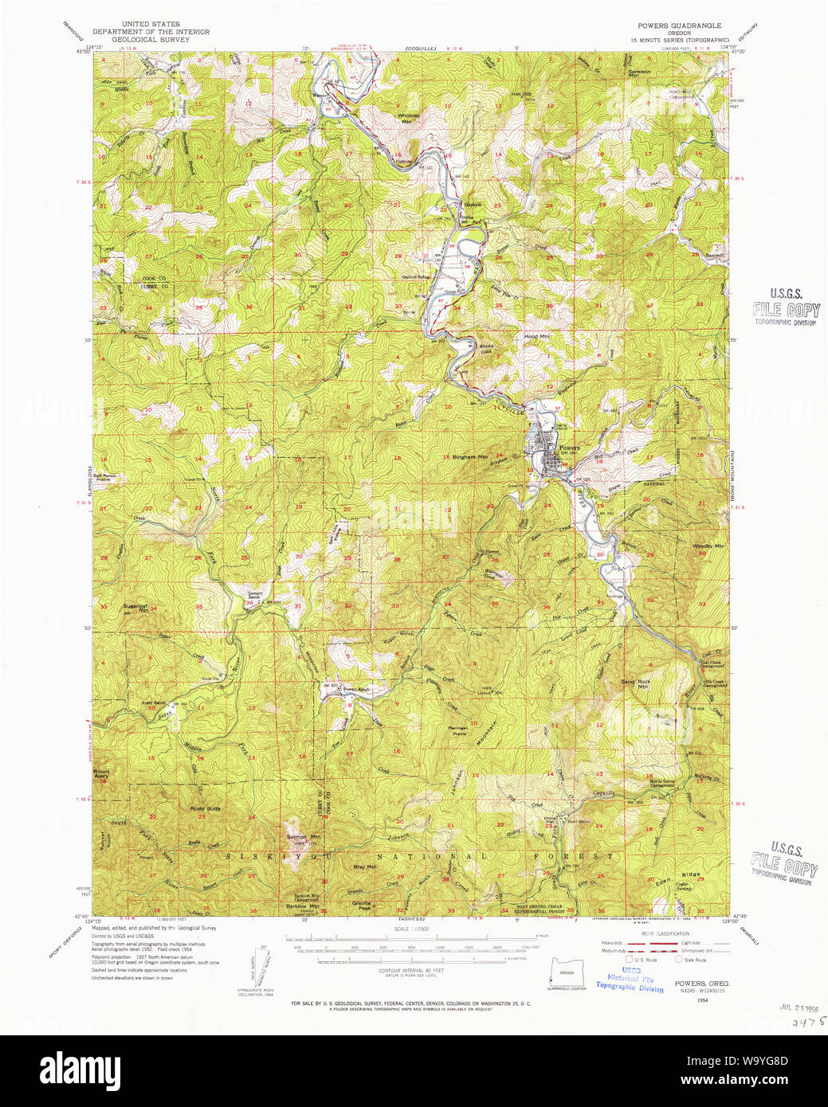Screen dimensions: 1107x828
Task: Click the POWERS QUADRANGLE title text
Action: click(679, 25)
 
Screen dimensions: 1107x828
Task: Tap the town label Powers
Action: click(569, 448)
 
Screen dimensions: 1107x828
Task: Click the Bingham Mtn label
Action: click(469, 457)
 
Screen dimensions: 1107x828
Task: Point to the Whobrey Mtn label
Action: click(408, 118)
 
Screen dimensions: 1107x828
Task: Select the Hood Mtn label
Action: click(536, 337)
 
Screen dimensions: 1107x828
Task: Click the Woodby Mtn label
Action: click(708, 546)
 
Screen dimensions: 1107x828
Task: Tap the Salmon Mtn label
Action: click(303, 837)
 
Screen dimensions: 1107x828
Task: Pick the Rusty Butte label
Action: click(205, 808)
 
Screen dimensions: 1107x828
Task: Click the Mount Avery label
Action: click(101, 773)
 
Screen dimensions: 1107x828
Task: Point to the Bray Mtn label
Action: click(364, 866)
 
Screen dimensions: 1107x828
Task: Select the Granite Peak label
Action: click(361, 905)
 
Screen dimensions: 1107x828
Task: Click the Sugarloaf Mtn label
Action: click(135, 608)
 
